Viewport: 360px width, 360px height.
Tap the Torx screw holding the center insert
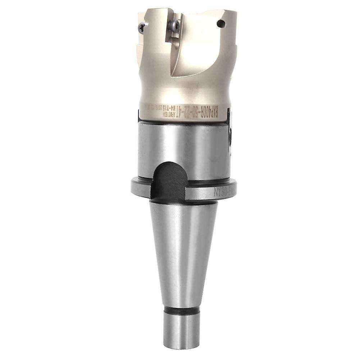[x=173, y=25]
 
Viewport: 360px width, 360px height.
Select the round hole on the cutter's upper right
[x=221, y=24]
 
